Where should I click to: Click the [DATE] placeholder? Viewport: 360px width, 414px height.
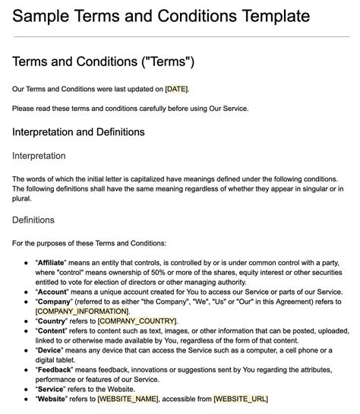pos(176,89)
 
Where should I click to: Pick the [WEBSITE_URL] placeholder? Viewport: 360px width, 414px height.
pos(240,399)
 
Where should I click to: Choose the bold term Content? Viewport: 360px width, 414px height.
pos(52,331)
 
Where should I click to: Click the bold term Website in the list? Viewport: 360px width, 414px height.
pos(52,399)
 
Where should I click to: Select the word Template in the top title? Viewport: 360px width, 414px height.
pos(256,16)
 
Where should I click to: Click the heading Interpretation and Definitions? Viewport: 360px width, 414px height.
pos(78,131)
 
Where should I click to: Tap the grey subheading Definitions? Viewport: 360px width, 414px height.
pos(33,220)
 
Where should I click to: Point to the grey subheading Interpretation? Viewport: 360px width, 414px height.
pos(39,156)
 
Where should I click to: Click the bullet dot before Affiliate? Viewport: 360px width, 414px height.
pos(27,261)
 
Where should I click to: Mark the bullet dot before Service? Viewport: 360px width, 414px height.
pos(27,389)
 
